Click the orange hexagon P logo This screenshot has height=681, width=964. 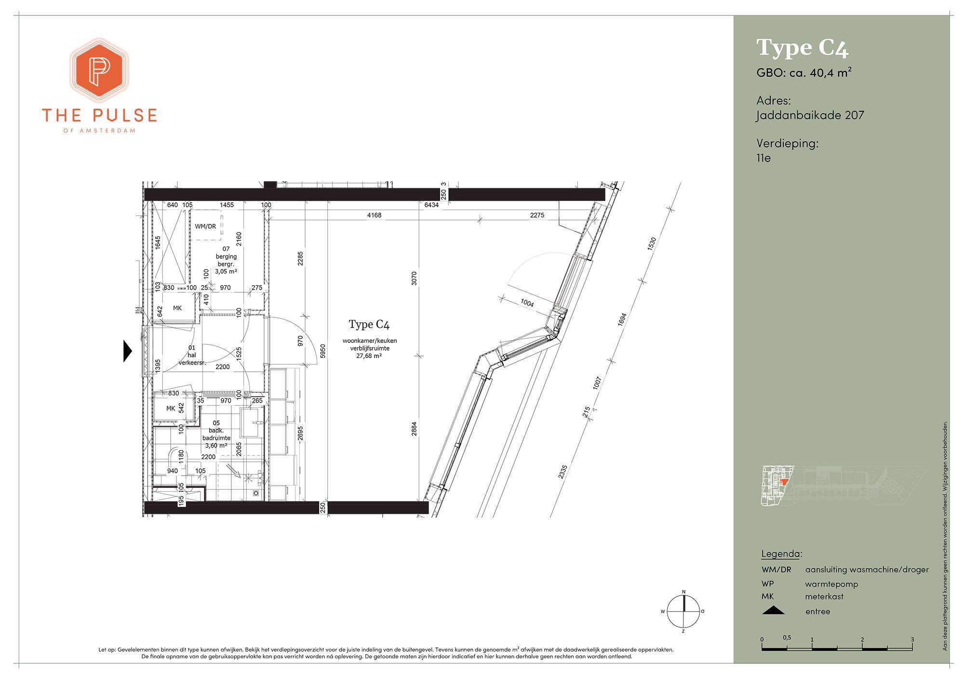(x=99, y=70)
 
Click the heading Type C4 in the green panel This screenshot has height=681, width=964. (x=802, y=48)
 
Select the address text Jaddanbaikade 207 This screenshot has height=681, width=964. (x=810, y=115)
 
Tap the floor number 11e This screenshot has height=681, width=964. (x=763, y=157)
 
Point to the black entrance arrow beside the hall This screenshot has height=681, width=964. (x=128, y=351)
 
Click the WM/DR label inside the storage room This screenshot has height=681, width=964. (x=205, y=226)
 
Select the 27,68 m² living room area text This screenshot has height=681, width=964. (x=370, y=356)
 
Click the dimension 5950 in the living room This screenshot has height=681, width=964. (x=323, y=351)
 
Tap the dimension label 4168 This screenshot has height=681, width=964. (x=374, y=215)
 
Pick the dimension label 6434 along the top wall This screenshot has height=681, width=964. (x=431, y=205)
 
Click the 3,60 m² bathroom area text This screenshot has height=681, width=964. (x=216, y=445)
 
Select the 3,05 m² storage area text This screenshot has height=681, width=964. (x=226, y=271)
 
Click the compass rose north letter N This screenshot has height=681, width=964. (x=683, y=592)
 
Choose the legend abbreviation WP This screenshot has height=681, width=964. (x=768, y=584)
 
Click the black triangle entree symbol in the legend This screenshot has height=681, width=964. (x=773, y=611)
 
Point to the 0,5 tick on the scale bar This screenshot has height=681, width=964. (x=787, y=638)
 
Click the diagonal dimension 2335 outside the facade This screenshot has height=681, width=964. (x=562, y=471)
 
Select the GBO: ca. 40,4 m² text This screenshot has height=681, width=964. (x=804, y=73)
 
